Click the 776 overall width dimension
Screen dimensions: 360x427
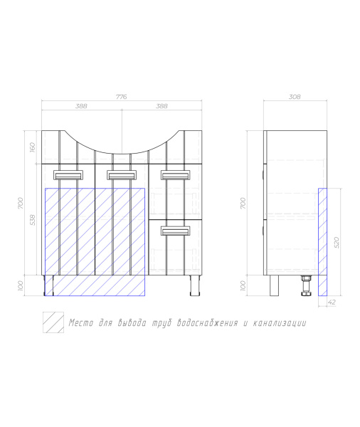(x=122, y=97)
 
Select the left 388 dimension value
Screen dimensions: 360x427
(x=81, y=106)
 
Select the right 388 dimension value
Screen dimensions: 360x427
(x=162, y=106)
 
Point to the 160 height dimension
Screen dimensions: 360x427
(x=32, y=147)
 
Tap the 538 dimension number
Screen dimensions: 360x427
(x=33, y=220)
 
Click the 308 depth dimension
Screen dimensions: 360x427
(x=295, y=97)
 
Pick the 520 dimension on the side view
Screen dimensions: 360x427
(x=337, y=243)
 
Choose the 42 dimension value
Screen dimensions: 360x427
(x=332, y=302)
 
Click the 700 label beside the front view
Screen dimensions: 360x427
(x=21, y=203)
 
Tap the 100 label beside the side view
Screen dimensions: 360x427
(x=243, y=285)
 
